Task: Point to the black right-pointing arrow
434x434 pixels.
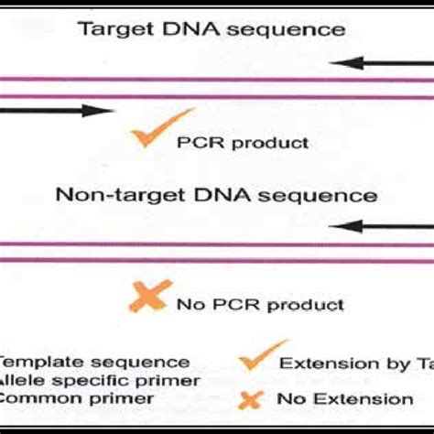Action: (54, 111)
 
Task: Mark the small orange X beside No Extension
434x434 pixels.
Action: (257, 398)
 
